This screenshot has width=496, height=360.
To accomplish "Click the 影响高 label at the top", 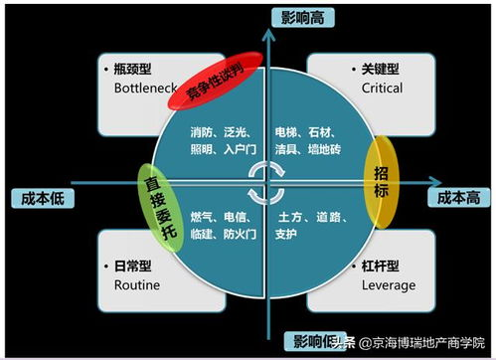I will [307, 18].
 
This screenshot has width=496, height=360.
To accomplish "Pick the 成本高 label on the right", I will [459, 197].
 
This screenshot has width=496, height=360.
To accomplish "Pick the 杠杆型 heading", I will [380, 267].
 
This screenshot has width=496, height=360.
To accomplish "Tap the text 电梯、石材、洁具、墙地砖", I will [309, 139].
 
